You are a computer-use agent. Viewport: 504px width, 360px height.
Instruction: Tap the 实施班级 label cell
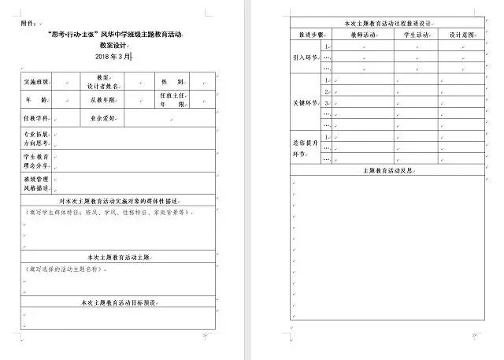(37, 82)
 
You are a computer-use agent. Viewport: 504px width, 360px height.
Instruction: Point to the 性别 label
(172, 82)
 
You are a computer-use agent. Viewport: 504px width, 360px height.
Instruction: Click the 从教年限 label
(102, 100)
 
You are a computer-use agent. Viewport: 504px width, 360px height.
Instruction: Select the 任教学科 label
(37, 119)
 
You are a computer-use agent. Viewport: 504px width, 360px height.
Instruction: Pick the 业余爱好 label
(102, 119)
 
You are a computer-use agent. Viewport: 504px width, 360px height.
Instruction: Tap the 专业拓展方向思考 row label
(37, 139)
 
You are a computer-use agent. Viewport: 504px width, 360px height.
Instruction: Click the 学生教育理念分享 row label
(37, 161)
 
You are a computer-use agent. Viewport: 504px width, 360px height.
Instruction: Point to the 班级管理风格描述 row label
(37, 184)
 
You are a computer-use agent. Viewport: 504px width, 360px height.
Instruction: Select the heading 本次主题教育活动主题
(118, 257)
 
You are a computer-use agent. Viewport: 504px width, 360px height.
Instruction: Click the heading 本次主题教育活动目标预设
(118, 302)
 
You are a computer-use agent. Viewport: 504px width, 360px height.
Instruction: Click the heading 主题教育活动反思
(386, 170)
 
